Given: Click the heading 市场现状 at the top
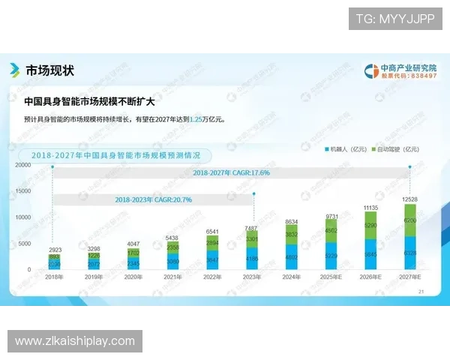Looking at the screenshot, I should [49, 70].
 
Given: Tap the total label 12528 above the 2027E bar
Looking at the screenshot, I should [409, 198].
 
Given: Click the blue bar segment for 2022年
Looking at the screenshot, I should [212, 259].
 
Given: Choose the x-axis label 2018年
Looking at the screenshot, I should [52, 277].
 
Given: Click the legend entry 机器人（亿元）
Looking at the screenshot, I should [347, 148].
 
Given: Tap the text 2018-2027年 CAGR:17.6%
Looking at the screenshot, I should [231, 172].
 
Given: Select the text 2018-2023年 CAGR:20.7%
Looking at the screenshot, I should [154, 199].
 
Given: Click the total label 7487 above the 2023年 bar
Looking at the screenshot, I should [251, 228].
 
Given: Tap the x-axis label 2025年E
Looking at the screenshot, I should [331, 277].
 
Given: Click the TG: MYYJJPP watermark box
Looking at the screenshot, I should [394, 18].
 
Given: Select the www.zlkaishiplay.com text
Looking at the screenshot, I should [75, 342].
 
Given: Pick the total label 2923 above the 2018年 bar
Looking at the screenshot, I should [53, 248].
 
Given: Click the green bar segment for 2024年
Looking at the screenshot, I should [291, 235].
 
